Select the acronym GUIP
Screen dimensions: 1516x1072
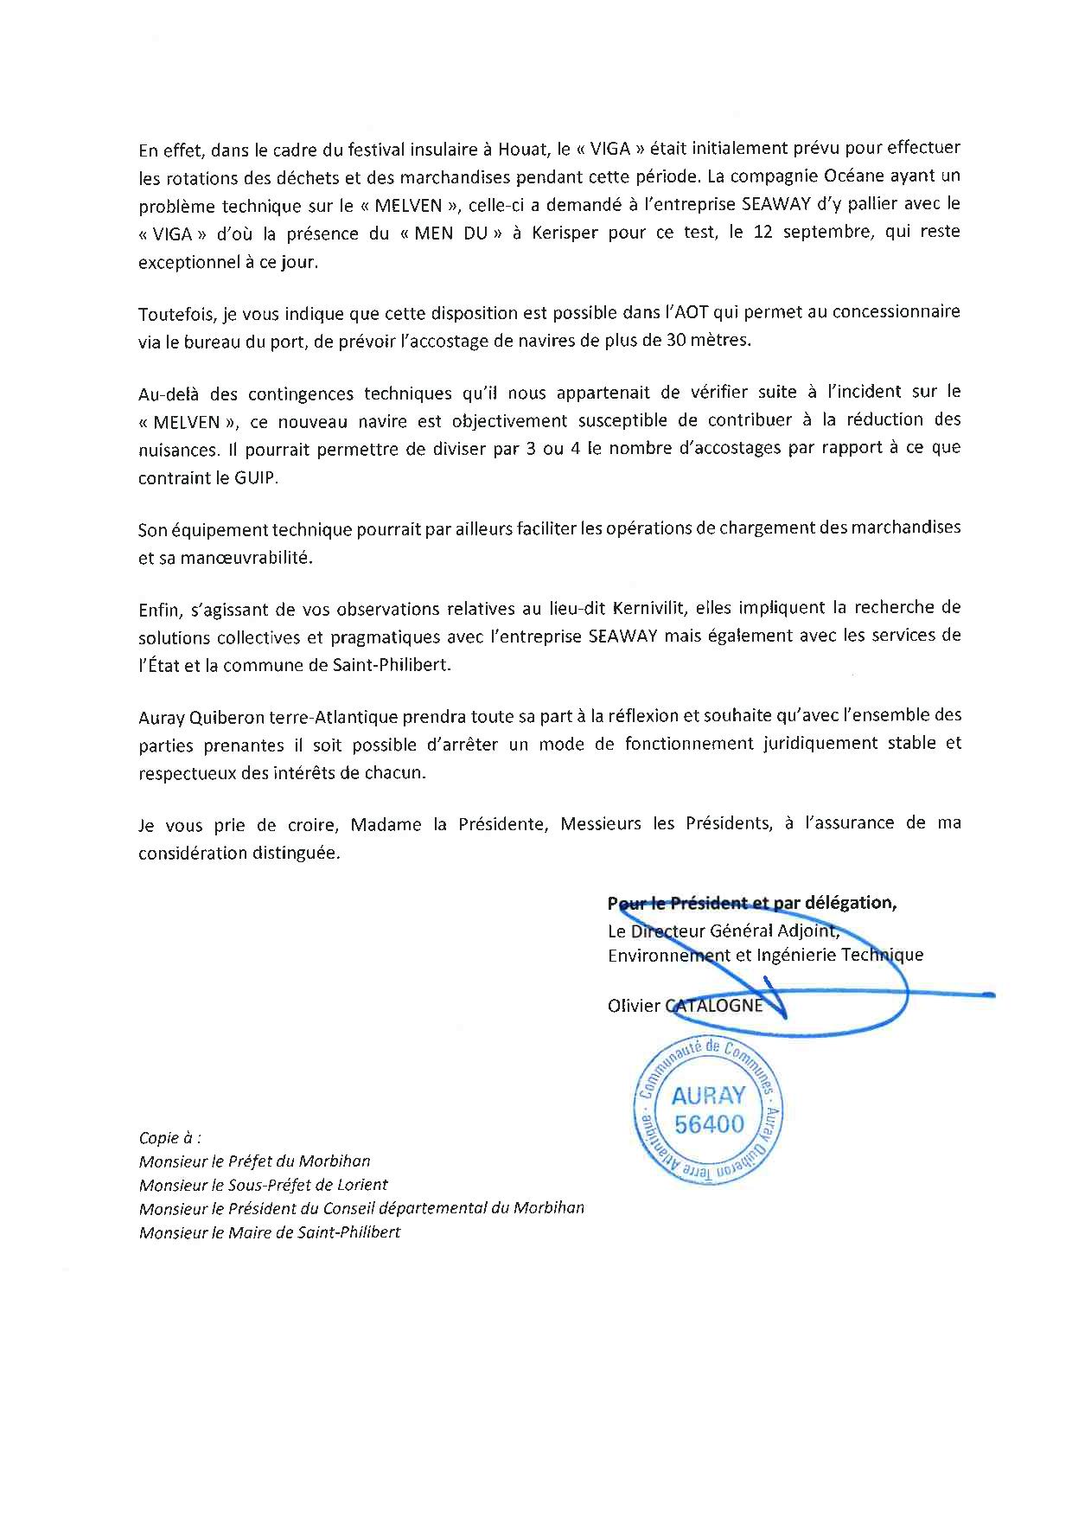(258, 477)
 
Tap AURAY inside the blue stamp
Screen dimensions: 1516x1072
(707, 1095)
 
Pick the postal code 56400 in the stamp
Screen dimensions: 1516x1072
(708, 1124)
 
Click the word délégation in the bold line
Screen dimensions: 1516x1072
(850, 903)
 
